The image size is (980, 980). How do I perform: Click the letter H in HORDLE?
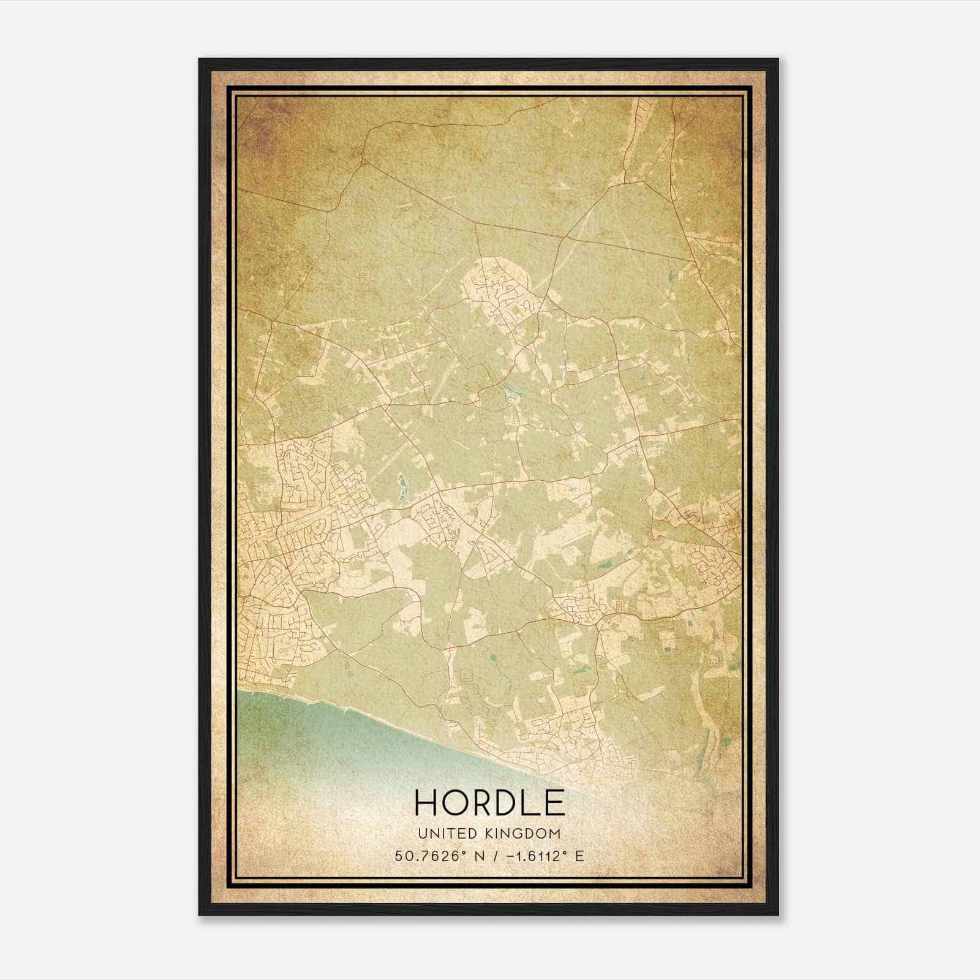428,802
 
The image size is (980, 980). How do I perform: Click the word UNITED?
442,834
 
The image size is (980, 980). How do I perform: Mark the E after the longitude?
579,856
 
